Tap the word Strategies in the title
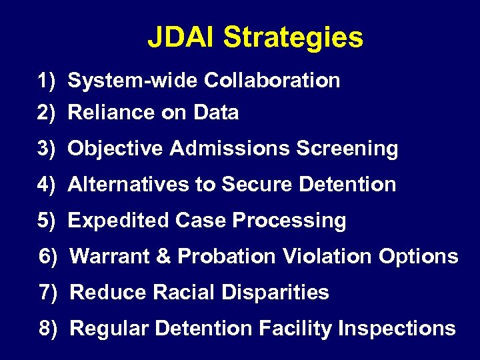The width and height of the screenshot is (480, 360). click(293, 39)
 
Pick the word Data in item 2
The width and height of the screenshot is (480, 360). click(216, 113)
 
